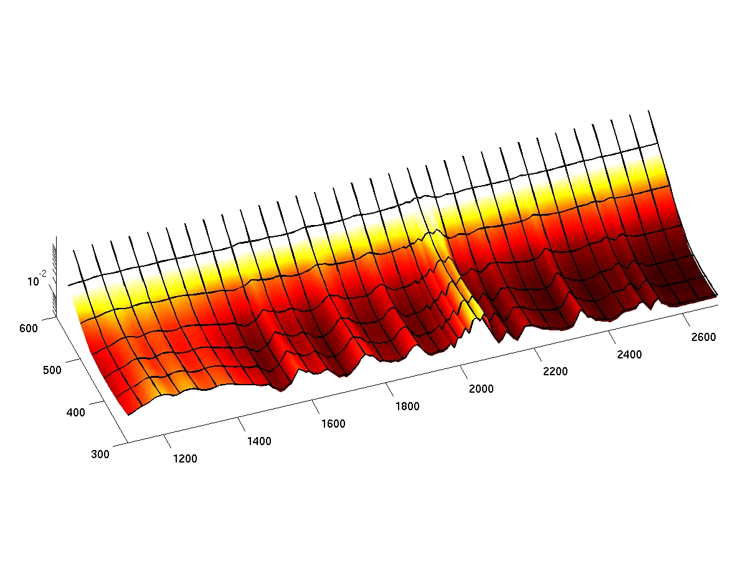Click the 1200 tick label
point(184,459)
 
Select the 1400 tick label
point(259,441)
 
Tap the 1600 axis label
point(333,424)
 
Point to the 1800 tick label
point(407,406)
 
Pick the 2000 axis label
point(481,389)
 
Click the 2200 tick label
point(556,372)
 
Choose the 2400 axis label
point(629,355)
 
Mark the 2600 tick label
point(703,337)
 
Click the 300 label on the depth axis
point(100,454)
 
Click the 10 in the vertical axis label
point(33,282)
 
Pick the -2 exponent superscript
point(43,274)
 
